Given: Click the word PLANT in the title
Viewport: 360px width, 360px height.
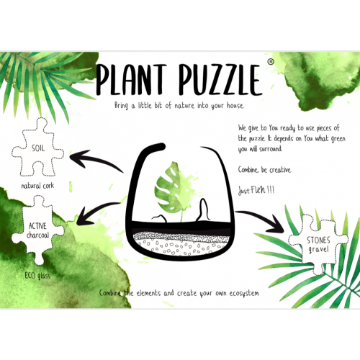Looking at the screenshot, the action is point(131,79).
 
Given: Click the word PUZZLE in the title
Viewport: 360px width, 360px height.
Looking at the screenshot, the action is point(220,79).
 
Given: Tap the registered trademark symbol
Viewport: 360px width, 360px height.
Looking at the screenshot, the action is point(271,62).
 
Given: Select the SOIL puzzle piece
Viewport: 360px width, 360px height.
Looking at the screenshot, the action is point(37,148).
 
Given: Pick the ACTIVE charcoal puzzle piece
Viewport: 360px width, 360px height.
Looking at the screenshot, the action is point(37,230).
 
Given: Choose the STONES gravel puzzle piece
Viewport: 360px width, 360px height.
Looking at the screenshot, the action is point(318,245).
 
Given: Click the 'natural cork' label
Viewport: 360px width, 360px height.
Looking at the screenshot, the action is point(37,186).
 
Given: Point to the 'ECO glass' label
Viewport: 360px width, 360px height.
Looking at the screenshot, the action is point(37,276).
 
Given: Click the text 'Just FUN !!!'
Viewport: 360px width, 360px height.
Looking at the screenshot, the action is point(256,190).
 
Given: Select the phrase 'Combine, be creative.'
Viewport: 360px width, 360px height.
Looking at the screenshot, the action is point(265,170).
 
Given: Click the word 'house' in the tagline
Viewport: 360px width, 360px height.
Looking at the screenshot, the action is point(235,105).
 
